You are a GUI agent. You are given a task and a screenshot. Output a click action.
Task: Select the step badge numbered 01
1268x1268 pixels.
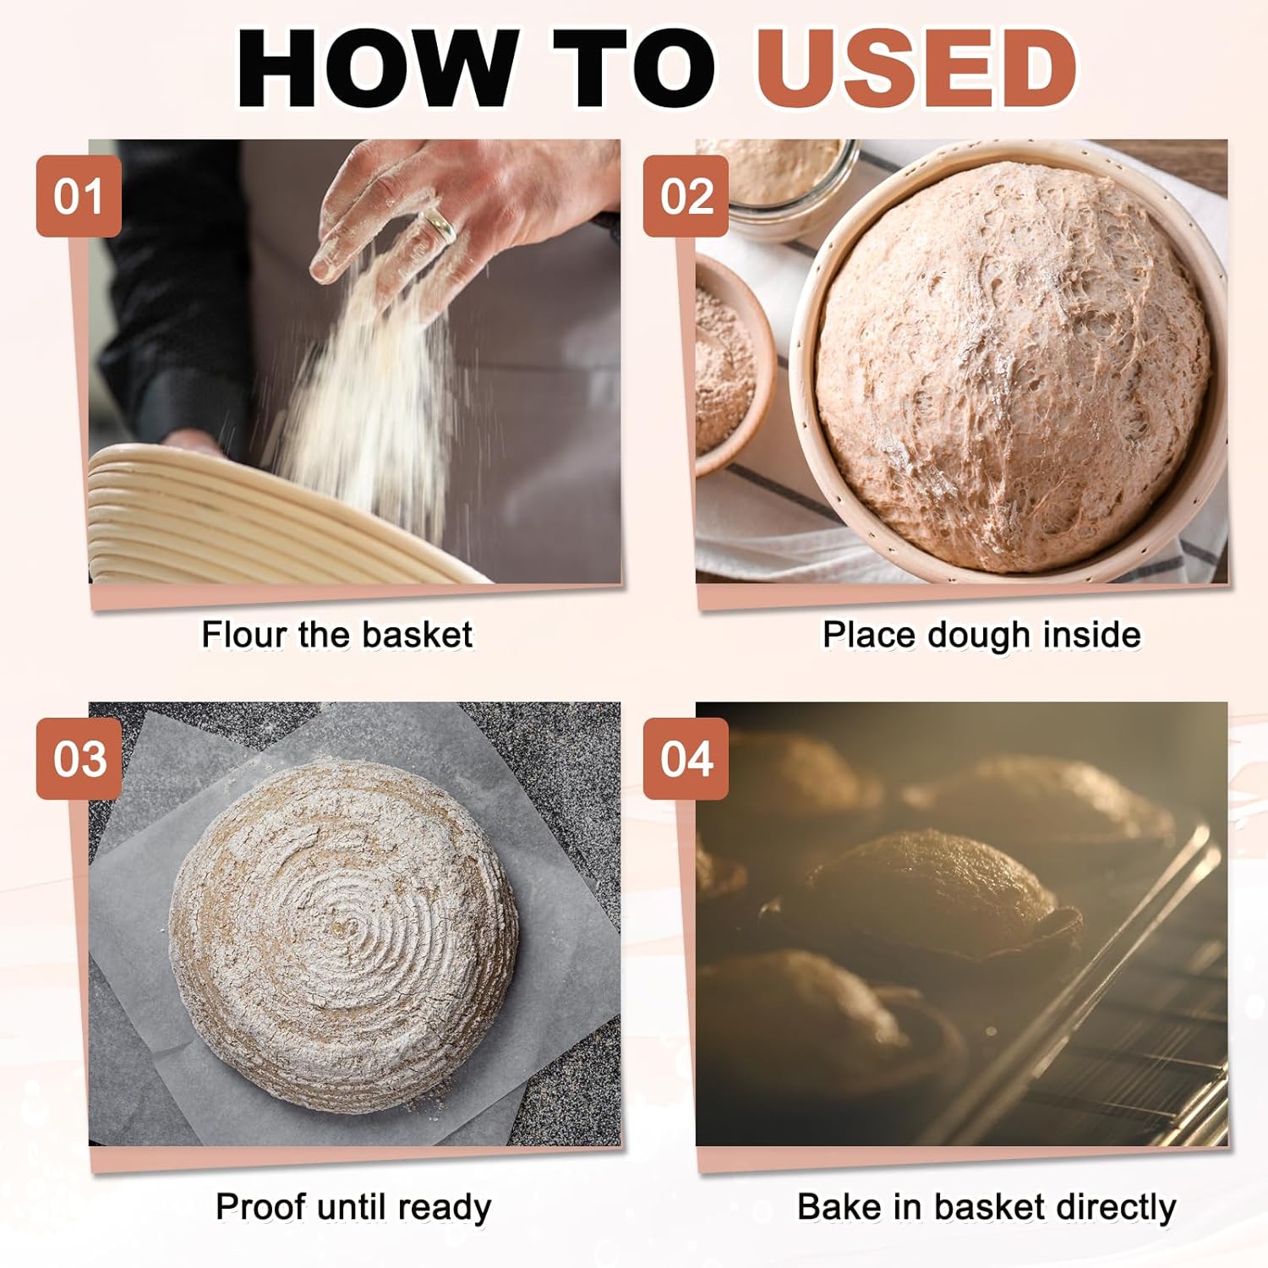[79, 196]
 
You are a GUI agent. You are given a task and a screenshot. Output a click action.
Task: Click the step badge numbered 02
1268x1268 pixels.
[686, 196]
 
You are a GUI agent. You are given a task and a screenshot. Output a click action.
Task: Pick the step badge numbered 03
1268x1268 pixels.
[79, 758]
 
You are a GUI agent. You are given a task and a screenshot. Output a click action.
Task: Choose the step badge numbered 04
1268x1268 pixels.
[686, 758]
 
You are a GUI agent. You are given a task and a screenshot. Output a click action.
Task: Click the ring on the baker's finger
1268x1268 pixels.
[439, 224]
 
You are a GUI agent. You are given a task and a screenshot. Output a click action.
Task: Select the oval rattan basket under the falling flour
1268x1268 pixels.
[279, 516]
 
